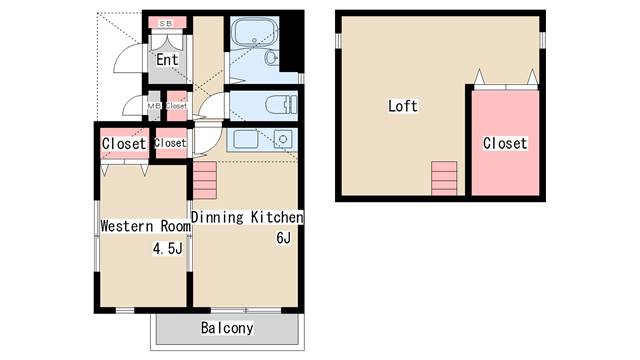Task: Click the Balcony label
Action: pyautogui.click(x=227, y=328)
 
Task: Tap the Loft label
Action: pyautogui.click(x=403, y=106)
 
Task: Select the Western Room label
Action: pyautogui.click(x=145, y=226)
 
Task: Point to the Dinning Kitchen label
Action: pyautogui.click(x=247, y=217)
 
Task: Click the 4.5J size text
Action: pyautogui.click(x=167, y=248)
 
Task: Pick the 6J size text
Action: pyautogui.click(x=284, y=238)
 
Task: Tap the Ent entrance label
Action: pyautogui.click(x=167, y=60)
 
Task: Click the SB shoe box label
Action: pyautogui.click(x=166, y=24)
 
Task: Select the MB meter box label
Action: pyautogui.click(x=153, y=106)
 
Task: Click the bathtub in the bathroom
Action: pyautogui.click(x=255, y=32)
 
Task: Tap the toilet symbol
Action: pyautogui.click(x=281, y=104)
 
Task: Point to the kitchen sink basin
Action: pyautogui.click(x=246, y=139)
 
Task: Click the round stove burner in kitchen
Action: pyautogui.click(x=283, y=139)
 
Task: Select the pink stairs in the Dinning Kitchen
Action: pyautogui.click(x=204, y=180)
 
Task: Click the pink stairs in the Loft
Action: pyautogui.click(x=444, y=178)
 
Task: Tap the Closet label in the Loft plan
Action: pyautogui.click(x=505, y=143)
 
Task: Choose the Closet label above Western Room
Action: pyautogui.click(x=124, y=144)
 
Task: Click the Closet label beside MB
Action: pyautogui.click(x=176, y=106)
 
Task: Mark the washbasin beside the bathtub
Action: pyautogui.click(x=271, y=58)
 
